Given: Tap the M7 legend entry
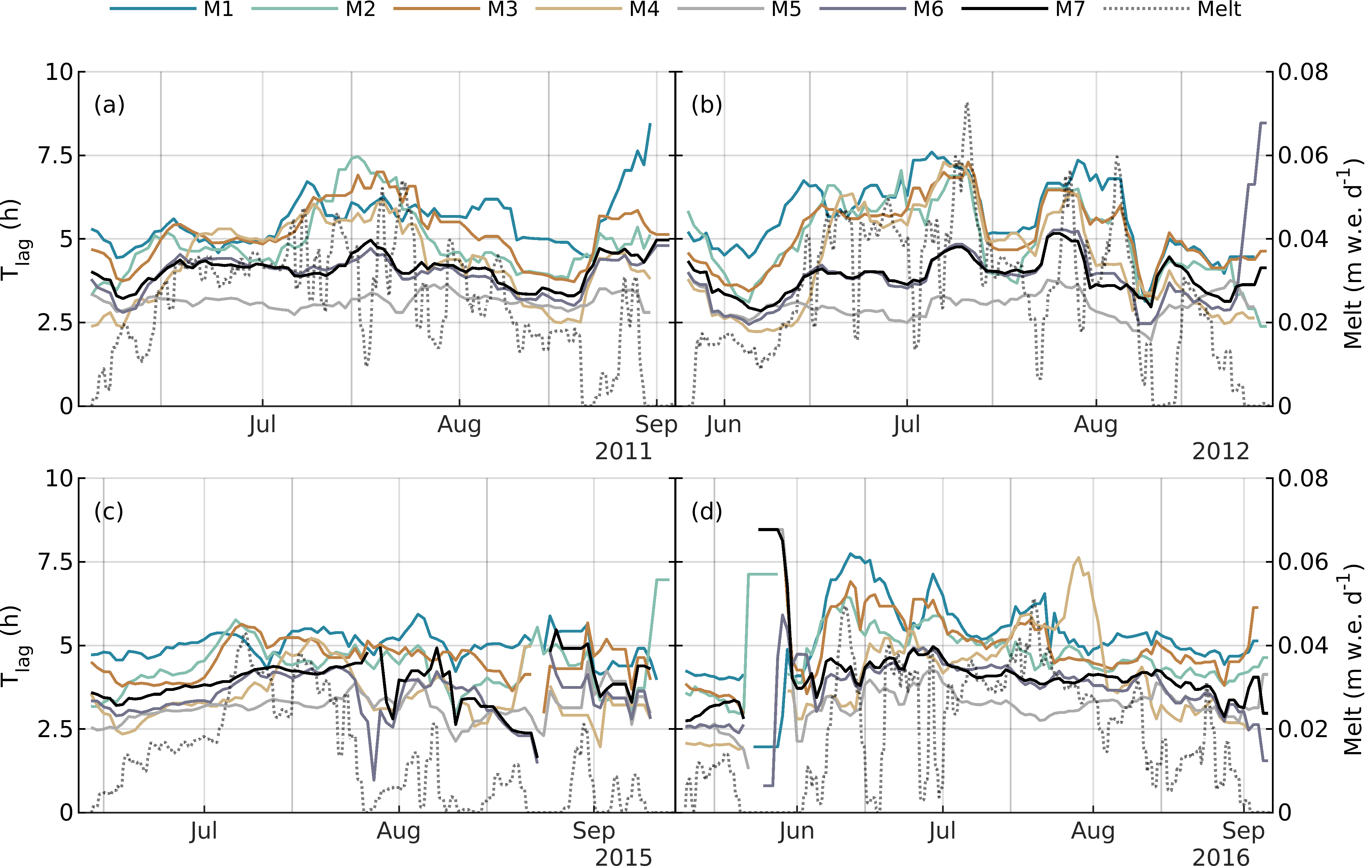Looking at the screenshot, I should (1070, 9).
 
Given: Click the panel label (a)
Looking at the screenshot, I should (109, 105).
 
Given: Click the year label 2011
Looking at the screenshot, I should (623, 452).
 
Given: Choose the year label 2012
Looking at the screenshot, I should (1221, 452).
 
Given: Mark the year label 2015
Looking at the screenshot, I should (623, 857).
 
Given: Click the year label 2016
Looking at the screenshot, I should (1221, 857).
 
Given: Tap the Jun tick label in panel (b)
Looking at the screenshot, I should (724, 424).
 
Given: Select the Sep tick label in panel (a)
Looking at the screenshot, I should (656, 424).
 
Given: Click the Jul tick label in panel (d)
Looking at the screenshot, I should (942, 831).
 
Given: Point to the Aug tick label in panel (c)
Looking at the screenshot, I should (399, 831).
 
